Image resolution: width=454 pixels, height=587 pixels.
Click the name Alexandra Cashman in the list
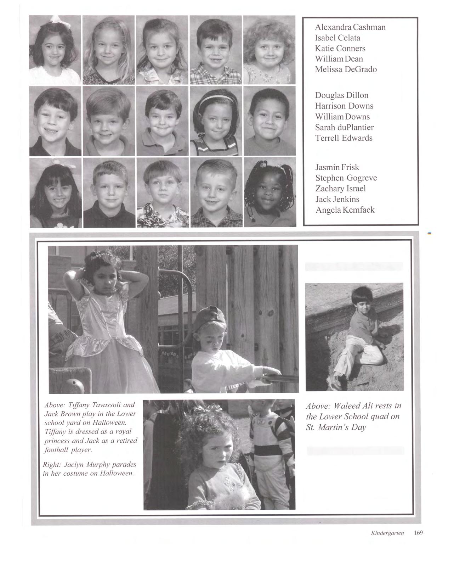(x=350, y=27)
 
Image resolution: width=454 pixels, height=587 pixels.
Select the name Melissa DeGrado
(x=346, y=69)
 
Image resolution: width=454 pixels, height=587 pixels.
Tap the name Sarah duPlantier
(x=344, y=127)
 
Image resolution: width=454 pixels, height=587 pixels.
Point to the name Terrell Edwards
(x=344, y=138)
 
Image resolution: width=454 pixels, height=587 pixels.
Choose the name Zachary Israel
(x=340, y=189)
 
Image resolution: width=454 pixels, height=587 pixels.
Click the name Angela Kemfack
(x=345, y=210)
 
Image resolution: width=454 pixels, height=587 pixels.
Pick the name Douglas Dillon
(x=341, y=95)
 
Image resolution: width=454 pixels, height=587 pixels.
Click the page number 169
(x=418, y=532)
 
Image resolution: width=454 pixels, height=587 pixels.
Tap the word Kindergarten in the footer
(x=387, y=533)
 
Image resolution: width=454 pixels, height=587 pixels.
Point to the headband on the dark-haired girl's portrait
(x=216, y=97)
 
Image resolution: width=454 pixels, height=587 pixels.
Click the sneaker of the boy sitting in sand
(x=334, y=384)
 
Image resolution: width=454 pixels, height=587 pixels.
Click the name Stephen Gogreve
(x=346, y=178)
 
